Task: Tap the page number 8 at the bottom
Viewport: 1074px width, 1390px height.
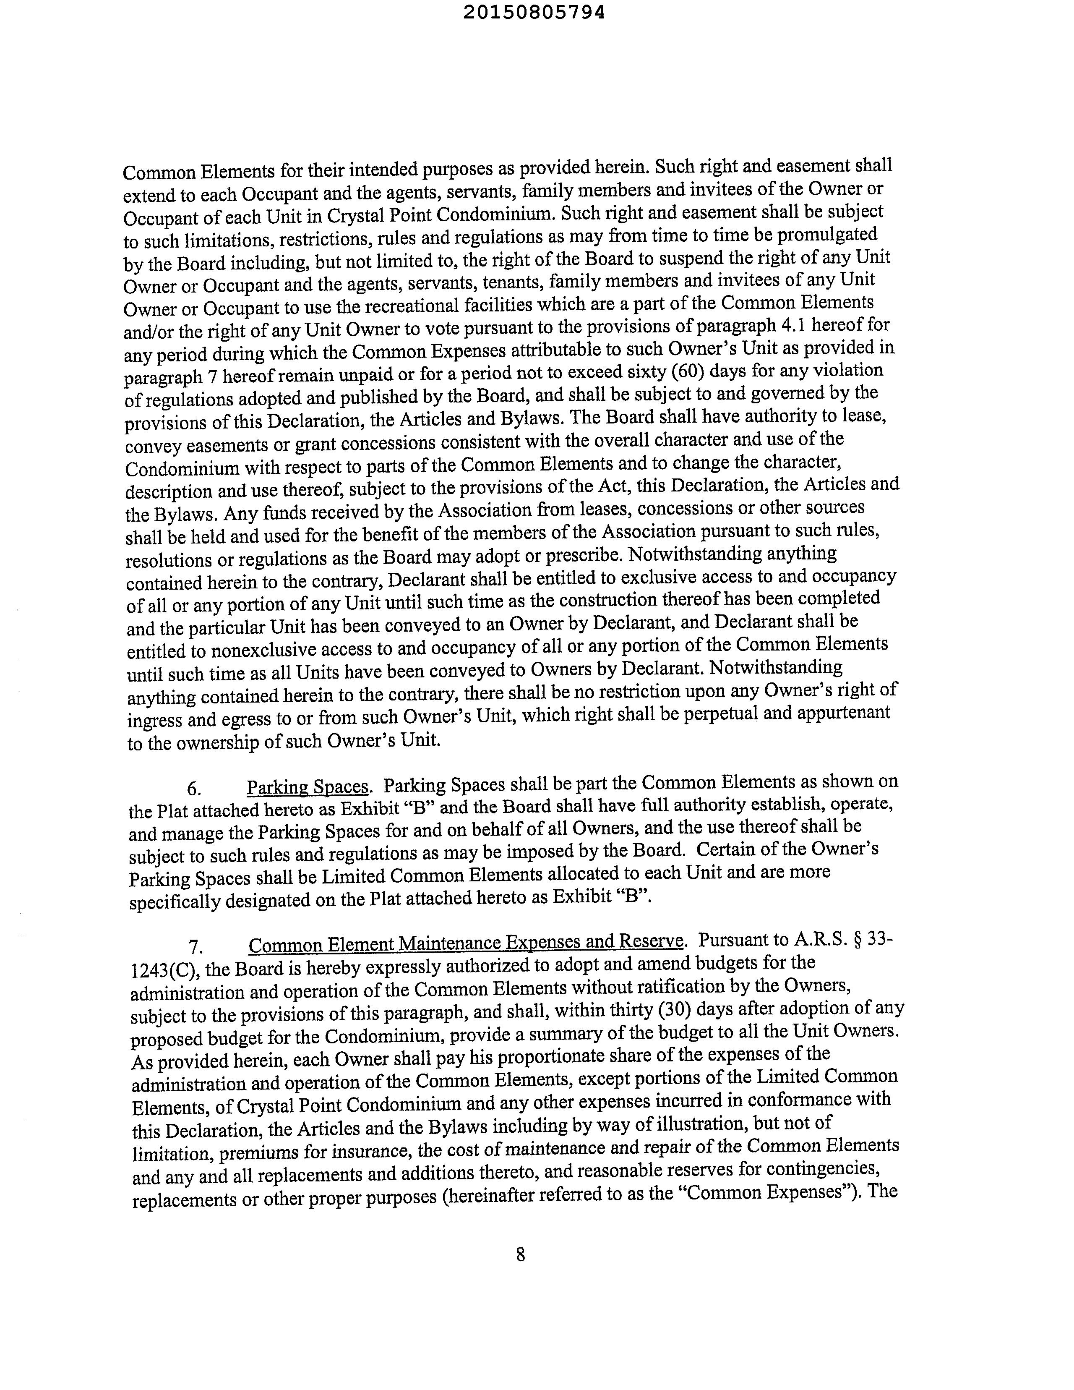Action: coord(521,1254)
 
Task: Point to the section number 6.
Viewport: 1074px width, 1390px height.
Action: coord(195,789)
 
